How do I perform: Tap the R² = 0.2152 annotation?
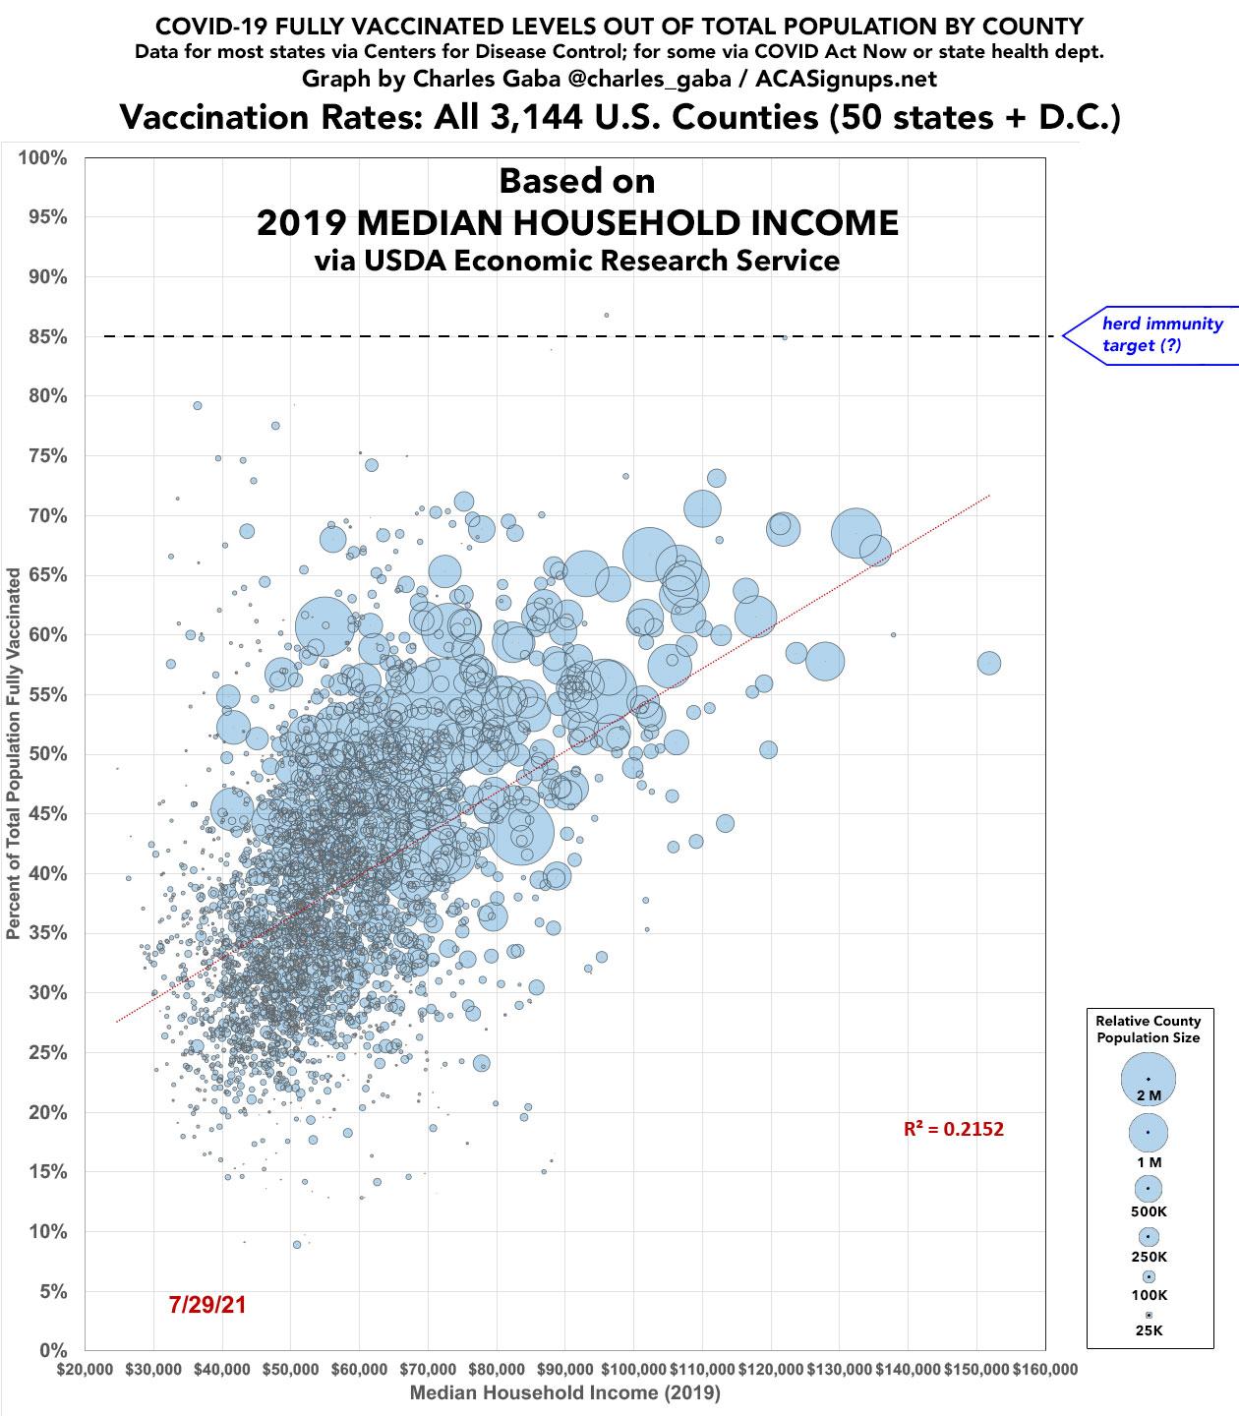click(x=953, y=1129)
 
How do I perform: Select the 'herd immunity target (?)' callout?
click(x=1160, y=334)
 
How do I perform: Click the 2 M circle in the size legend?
click(x=1148, y=1079)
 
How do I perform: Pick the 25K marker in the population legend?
click(x=1148, y=1315)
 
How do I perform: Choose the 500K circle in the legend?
click(x=1148, y=1188)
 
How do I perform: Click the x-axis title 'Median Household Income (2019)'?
click(x=564, y=1393)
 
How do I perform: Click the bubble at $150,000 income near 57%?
click(x=988, y=663)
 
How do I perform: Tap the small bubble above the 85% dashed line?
click(x=607, y=316)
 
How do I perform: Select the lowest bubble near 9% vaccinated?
click(x=297, y=1244)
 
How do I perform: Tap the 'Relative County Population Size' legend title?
click(x=1148, y=1030)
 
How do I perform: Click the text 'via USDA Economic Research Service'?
click(x=576, y=261)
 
